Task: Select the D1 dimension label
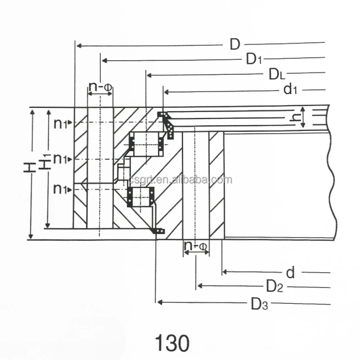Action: coord(254,59)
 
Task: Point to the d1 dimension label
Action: coord(290,90)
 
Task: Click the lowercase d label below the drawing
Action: coord(291,272)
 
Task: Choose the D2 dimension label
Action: coord(274,286)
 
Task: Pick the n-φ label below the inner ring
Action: coord(196,247)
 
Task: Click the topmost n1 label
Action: coord(61,123)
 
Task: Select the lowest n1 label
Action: coord(61,189)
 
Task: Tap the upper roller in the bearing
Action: coord(145,143)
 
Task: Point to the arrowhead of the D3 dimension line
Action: coord(158,302)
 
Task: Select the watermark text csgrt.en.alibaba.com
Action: coord(180,180)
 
